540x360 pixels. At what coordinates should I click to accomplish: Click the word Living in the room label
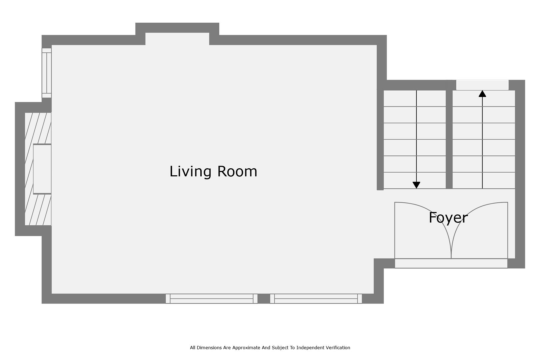click(190, 172)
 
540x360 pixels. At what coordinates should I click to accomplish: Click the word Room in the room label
click(237, 171)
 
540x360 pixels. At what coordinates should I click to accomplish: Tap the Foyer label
click(448, 218)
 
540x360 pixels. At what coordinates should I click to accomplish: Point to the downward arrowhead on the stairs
click(416, 185)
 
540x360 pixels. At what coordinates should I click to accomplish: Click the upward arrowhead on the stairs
click(482, 94)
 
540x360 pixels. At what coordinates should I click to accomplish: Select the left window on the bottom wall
click(212, 299)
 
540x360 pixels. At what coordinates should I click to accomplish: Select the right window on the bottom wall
click(316, 299)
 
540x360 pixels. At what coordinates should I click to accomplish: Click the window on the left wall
click(47, 73)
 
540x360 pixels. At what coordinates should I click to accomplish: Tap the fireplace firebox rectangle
click(42, 169)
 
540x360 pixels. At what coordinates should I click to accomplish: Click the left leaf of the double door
click(423, 230)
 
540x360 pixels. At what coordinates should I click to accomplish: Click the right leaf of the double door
click(479, 230)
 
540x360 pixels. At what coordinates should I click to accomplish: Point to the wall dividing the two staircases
click(449, 139)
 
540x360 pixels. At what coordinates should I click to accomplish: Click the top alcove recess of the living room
click(177, 39)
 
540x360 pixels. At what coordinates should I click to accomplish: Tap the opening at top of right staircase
click(482, 85)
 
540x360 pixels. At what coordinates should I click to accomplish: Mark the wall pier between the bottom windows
click(264, 299)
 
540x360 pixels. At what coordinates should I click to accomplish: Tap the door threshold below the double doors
click(451, 263)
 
